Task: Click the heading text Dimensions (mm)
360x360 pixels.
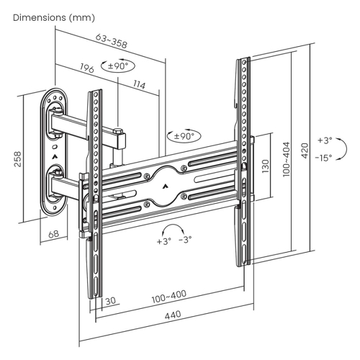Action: tap(54, 18)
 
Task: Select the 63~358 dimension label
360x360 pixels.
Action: tap(111, 41)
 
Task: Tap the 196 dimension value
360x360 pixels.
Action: tap(87, 68)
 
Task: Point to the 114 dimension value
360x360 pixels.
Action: tap(140, 84)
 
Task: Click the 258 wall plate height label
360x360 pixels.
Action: tap(18, 159)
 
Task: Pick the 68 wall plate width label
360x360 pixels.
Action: tap(53, 234)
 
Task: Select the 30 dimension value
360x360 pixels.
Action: tap(111, 300)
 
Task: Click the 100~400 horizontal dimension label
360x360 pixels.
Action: tap(169, 297)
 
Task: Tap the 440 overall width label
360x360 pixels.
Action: tap(173, 315)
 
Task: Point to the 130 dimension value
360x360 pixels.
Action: tap(266, 166)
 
